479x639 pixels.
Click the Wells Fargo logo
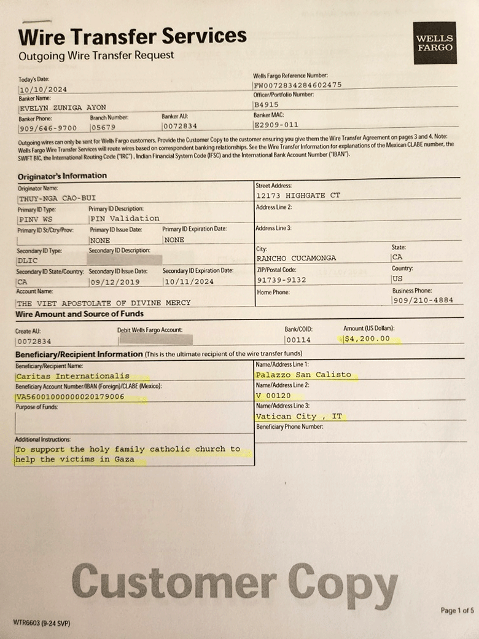click(x=435, y=42)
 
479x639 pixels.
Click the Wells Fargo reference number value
click(x=298, y=85)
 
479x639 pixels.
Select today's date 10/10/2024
click(x=43, y=89)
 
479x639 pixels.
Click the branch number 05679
click(x=104, y=128)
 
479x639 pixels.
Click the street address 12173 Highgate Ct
click(x=298, y=195)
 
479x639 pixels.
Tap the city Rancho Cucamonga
click(x=297, y=258)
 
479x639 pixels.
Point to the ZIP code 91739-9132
click(x=281, y=280)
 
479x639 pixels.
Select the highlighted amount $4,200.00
click(x=367, y=339)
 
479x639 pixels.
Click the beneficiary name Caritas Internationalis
click(x=73, y=375)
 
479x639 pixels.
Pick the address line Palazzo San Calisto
click(x=303, y=374)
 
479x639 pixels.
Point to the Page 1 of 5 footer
click(x=457, y=610)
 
